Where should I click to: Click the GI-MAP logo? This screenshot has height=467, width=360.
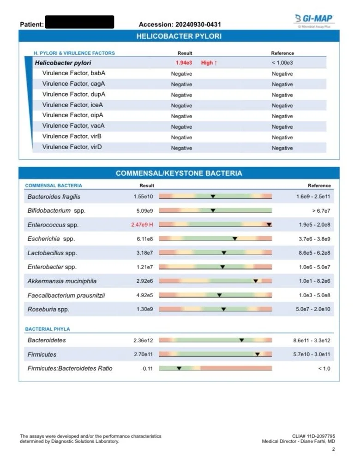tap(314, 19)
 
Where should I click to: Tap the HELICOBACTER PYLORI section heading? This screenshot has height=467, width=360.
tap(179, 36)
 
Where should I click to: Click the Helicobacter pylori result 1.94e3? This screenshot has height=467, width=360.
tap(184, 63)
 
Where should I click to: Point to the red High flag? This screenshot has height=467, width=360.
tap(209, 63)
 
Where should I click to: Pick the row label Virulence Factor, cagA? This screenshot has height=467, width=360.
tap(73, 84)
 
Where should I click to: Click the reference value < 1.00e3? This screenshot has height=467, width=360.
tap(282, 63)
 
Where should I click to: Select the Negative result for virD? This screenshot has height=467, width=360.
tap(181, 148)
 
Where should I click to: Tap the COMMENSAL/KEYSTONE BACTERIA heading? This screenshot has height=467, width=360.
tap(179, 174)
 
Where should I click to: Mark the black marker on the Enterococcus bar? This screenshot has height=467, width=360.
tap(269, 225)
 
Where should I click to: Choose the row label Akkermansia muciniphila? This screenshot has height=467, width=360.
tap(62, 281)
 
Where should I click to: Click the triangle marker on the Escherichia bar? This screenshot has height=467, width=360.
tap(235, 239)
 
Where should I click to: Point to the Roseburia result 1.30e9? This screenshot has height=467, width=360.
tap(144, 309)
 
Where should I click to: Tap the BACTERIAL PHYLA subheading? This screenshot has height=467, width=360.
tap(48, 329)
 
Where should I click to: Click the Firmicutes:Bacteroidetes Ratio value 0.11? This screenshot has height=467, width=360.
tap(148, 368)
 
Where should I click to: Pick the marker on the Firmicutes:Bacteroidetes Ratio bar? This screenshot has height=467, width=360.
tap(179, 368)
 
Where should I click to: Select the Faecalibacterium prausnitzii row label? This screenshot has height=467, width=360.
tap(66, 295)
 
